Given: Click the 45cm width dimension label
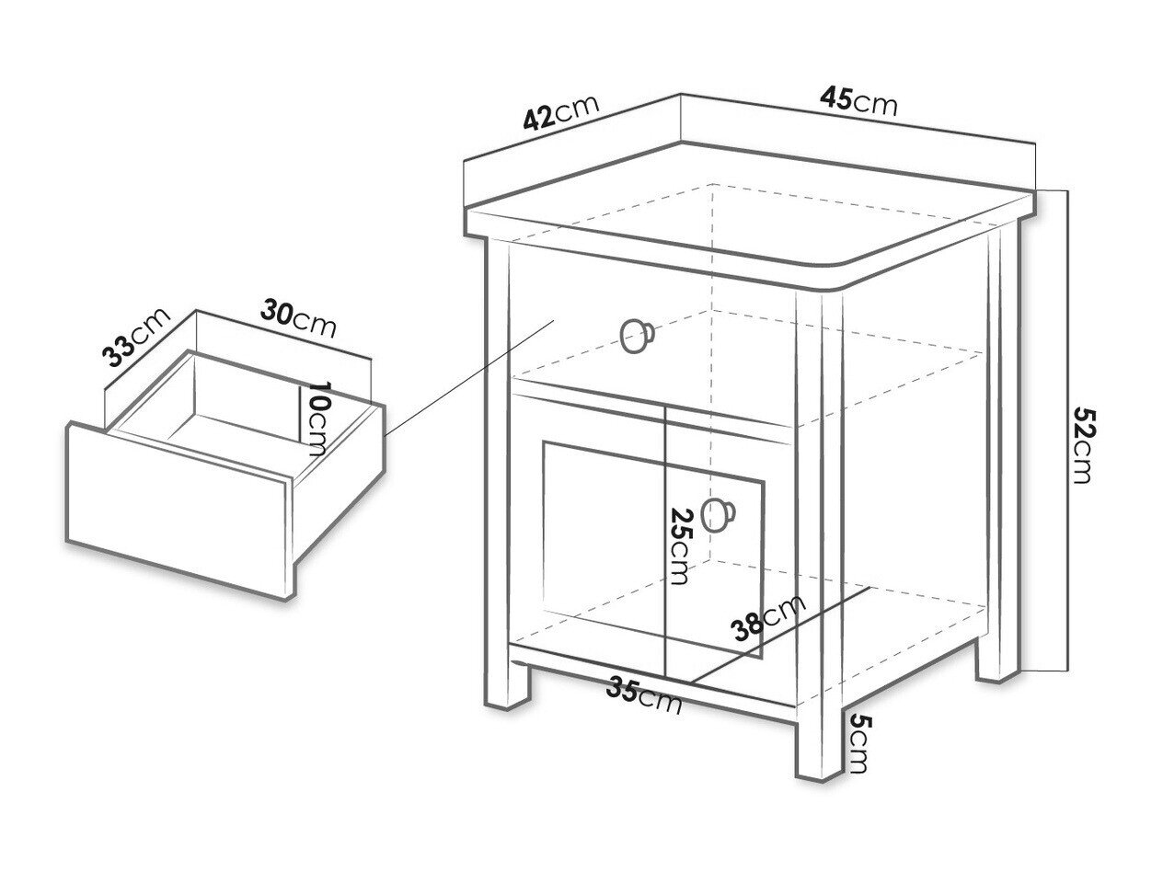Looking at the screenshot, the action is (x=858, y=101).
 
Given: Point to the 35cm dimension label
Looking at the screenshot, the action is (x=644, y=694).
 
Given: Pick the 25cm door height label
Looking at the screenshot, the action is (x=682, y=545).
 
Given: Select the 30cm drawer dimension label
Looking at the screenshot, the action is (x=298, y=319).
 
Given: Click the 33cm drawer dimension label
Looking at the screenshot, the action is (x=136, y=336).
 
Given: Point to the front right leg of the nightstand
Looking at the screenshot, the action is (x=819, y=749).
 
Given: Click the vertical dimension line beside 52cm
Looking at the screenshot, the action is (x=1066, y=430).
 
